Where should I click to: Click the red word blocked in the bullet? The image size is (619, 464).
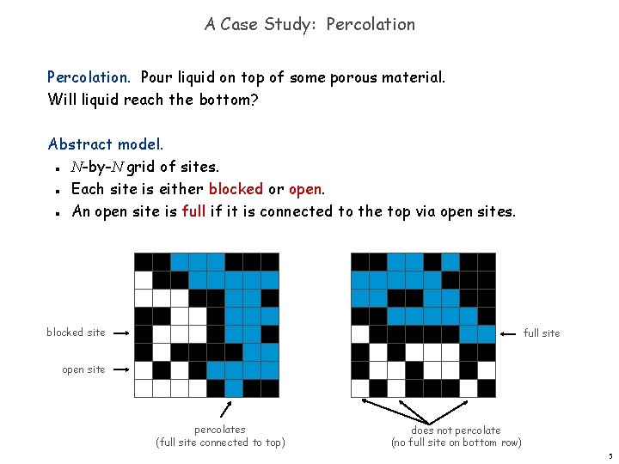(x=236, y=188)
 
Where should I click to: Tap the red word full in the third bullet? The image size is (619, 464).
(x=193, y=211)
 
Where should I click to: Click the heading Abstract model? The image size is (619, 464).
(x=106, y=143)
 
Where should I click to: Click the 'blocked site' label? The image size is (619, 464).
(x=76, y=333)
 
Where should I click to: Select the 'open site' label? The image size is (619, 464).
(x=83, y=369)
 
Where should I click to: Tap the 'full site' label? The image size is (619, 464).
(x=542, y=333)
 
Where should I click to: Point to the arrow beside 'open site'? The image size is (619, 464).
(x=120, y=369)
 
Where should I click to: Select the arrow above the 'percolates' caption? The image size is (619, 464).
(x=230, y=408)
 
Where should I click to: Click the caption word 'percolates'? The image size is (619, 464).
(x=220, y=430)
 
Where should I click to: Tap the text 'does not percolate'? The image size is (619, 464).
(x=456, y=430)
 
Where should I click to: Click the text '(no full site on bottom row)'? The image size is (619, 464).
(x=456, y=443)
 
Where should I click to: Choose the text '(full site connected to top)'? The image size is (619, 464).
(x=220, y=443)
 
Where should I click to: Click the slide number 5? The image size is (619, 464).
(x=610, y=456)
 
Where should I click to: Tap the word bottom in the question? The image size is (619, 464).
(x=226, y=99)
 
